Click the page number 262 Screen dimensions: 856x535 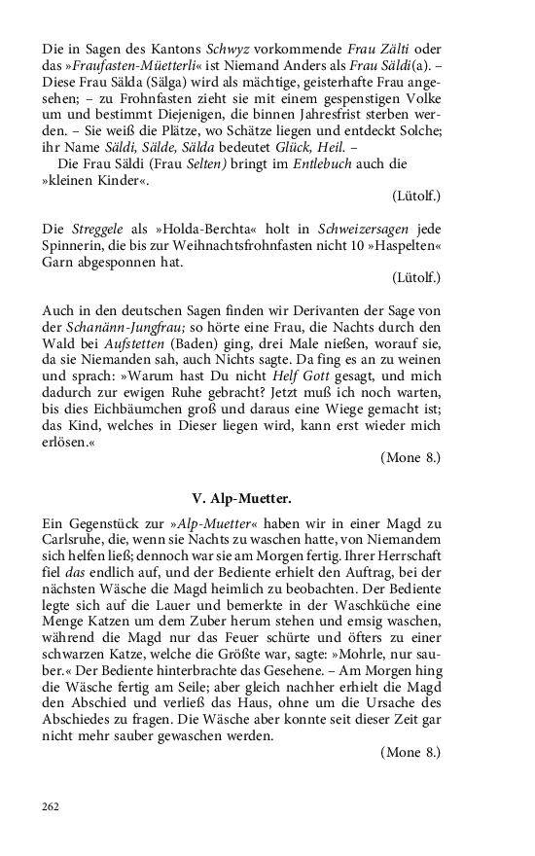(52, 805)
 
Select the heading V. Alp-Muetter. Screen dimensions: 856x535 (241, 499)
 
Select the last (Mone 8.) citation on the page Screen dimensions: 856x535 (411, 752)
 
